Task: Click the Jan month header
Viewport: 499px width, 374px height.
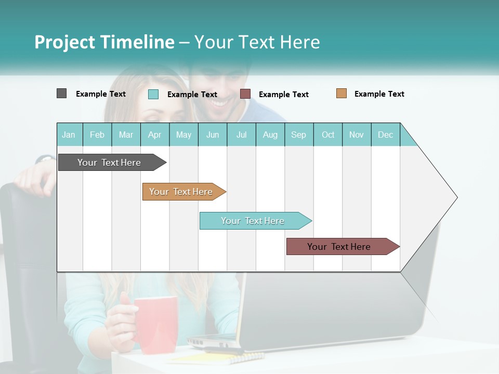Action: click(x=69, y=135)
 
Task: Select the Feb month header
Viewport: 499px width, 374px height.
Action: click(x=97, y=135)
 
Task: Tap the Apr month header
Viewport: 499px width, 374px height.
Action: click(x=154, y=135)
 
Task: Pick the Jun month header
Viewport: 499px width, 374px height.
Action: click(x=213, y=135)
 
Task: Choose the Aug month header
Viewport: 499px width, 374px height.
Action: click(x=270, y=135)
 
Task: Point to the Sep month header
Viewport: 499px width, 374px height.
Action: click(x=298, y=135)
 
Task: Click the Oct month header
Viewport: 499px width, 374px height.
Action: click(x=328, y=135)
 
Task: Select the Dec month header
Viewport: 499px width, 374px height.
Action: click(x=385, y=135)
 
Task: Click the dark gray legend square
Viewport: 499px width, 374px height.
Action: click(x=61, y=94)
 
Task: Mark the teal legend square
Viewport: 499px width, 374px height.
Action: click(x=153, y=94)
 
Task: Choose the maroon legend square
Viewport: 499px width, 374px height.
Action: click(x=245, y=94)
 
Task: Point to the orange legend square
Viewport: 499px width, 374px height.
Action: click(x=341, y=94)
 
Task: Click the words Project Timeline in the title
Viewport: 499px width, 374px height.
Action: click(x=104, y=42)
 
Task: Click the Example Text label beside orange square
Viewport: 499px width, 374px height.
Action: click(x=379, y=94)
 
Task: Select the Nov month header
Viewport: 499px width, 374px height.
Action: click(x=357, y=135)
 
